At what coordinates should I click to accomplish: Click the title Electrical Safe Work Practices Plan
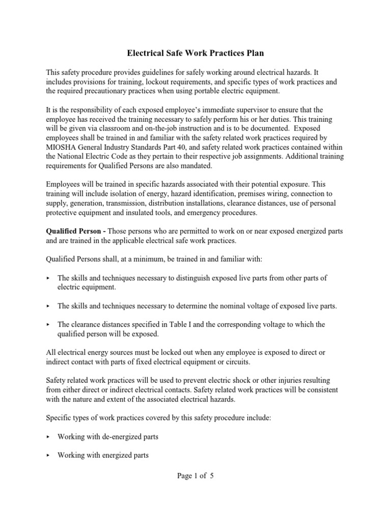[195, 53]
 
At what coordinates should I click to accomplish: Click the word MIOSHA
[63, 148]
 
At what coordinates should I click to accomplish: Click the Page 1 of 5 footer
[195, 476]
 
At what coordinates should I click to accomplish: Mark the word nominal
[219, 306]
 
